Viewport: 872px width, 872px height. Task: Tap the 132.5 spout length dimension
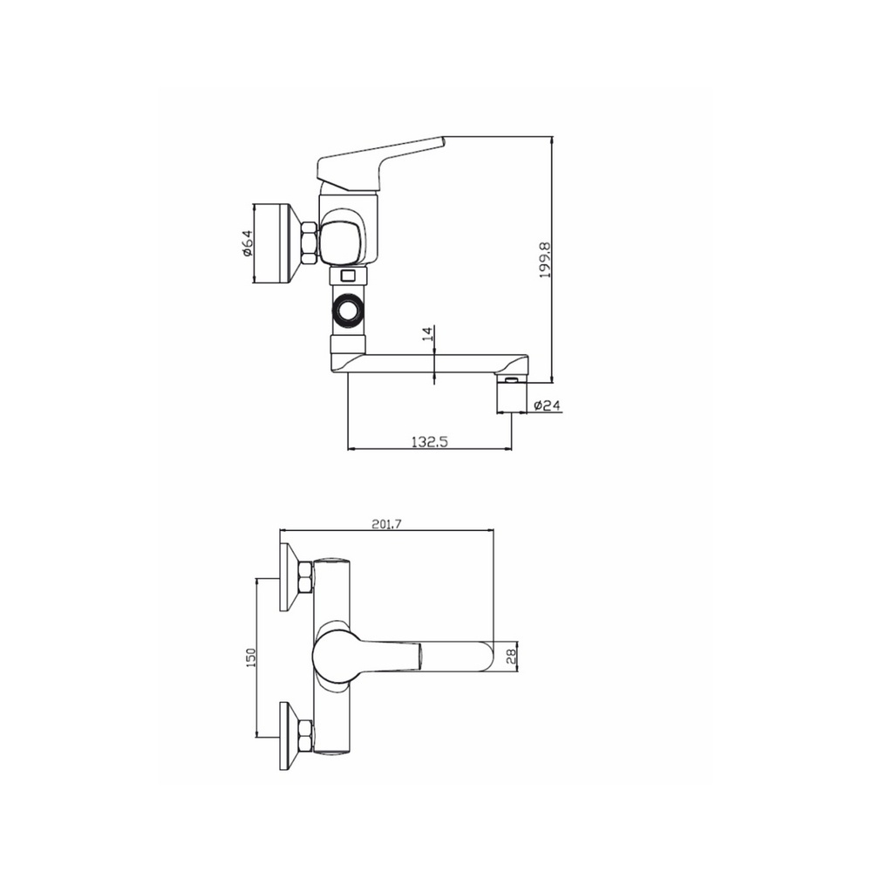[x=429, y=441]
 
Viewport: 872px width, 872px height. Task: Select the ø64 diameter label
[x=248, y=243]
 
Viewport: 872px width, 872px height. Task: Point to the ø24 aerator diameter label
[x=547, y=405]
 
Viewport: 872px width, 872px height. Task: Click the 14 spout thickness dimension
[x=427, y=334]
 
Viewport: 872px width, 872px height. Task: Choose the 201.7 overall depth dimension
[x=386, y=523]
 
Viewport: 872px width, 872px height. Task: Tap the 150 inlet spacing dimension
[x=251, y=657]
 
